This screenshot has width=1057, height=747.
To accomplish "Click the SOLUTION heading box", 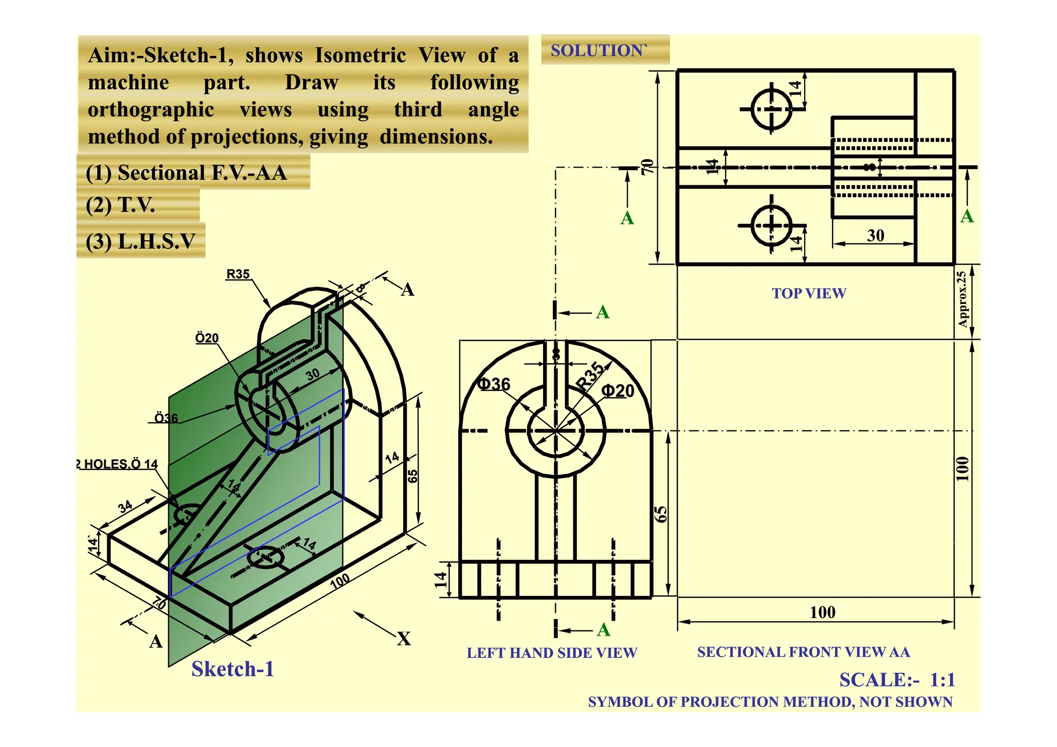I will coord(604,50).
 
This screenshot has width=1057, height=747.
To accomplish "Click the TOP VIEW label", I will coord(809,294).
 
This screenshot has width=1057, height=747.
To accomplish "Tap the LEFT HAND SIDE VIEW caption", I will coord(552,653).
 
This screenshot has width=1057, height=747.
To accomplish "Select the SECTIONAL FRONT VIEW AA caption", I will coord(803,652).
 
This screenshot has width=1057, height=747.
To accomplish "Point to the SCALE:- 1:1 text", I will coord(897,680).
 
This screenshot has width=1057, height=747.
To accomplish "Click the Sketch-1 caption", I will coord(232,669).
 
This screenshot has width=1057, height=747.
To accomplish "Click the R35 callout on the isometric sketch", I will coord(238,274).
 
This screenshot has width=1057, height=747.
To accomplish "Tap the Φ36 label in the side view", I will coord(494,384).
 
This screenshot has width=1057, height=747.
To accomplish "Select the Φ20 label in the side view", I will coord(618,391).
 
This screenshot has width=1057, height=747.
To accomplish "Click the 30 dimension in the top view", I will coord(875,236).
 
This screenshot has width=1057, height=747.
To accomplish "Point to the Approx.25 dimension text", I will coord(962,299).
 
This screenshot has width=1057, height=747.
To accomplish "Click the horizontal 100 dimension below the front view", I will coord(822,612).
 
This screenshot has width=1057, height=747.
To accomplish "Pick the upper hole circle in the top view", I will coord(772,109).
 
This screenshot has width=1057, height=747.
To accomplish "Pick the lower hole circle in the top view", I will coord(772,225).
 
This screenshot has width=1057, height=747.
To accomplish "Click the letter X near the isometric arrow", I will coord(404,639).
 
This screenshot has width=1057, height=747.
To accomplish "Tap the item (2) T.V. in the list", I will coord(120,205).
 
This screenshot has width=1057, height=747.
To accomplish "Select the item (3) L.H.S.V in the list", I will coord(140,241).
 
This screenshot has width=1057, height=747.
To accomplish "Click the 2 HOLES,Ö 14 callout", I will coord(118,464).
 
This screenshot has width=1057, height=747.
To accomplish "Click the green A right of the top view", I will coord(967,216).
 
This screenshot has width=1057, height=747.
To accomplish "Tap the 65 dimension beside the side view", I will coord(661,514).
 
